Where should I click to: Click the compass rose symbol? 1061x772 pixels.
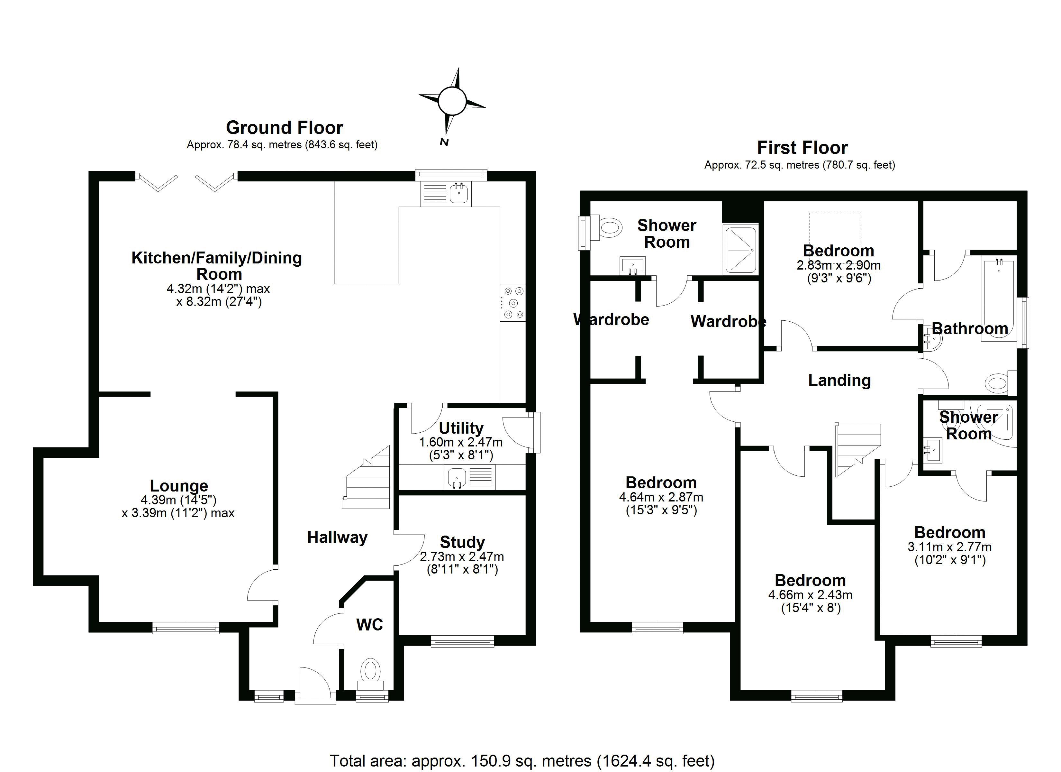(452, 101)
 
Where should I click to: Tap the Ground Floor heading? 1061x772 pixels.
(285, 127)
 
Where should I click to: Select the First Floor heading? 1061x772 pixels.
(802, 147)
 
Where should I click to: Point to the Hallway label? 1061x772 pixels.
(337, 538)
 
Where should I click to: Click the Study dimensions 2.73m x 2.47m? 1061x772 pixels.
(462, 557)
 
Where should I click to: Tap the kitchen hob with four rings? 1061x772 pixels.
(513, 303)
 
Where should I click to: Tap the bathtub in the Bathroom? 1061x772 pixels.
(998, 299)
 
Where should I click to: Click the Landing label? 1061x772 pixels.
(839, 380)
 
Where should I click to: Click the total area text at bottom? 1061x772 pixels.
(522, 761)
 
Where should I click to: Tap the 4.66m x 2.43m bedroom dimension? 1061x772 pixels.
(810, 595)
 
